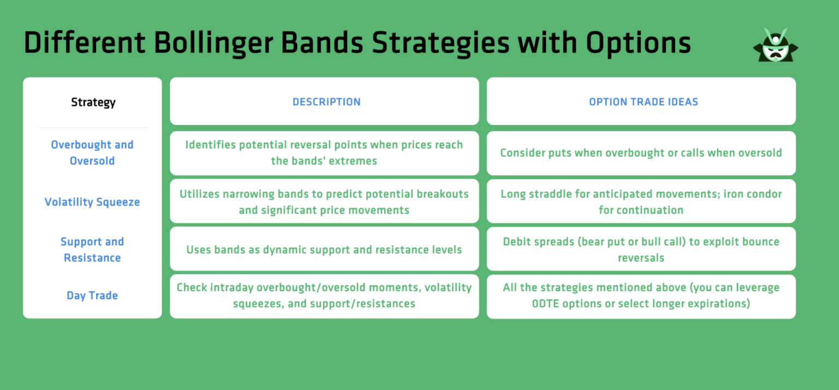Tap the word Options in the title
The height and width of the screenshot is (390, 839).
pos(639,43)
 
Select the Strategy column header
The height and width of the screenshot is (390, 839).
pos(93,102)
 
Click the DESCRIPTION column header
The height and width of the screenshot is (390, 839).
pos(326,102)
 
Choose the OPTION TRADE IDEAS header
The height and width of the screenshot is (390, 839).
pos(643,102)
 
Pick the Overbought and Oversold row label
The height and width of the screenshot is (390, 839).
pos(92,153)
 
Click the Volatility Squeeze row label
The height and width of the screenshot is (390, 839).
pos(92,202)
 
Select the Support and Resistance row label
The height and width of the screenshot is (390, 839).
pos(92,250)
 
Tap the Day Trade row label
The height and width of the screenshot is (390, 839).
pos(92,296)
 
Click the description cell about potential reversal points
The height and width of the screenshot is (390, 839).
pos(324,153)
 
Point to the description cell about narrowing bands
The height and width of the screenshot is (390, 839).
pos(324,202)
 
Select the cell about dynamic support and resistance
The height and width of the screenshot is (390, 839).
pos(324,250)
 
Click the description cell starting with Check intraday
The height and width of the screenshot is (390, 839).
pos(324,296)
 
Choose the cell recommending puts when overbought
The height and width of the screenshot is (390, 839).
pos(641,153)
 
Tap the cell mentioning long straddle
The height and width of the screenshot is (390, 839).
pos(641,202)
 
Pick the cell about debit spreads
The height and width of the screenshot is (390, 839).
pos(641,249)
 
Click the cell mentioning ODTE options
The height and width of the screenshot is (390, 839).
pos(641,296)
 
